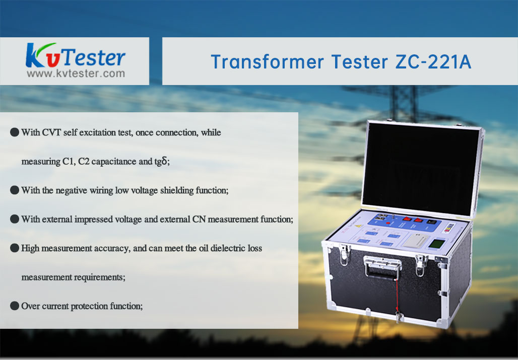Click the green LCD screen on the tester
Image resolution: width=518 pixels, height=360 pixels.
(437, 244)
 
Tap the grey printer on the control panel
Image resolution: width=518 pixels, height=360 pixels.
(415, 241)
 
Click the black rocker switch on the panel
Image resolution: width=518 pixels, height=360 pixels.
(431, 222)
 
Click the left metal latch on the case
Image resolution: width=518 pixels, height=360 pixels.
(344, 254)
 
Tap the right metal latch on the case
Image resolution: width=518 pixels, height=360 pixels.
(421, 265)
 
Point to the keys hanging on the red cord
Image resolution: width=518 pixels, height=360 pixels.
(399, 317)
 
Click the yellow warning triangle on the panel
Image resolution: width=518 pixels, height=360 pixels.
(359, 227)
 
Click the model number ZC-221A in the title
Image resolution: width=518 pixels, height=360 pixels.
(433, 62)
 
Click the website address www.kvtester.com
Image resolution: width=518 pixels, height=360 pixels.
(76, 74)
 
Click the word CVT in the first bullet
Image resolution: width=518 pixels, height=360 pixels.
(51, 132)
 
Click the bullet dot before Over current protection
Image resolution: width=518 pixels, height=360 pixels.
(15, 306)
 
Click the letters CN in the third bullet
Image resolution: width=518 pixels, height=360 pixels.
(199, 220)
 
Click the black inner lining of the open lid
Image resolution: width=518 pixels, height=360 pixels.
(421, 169)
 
